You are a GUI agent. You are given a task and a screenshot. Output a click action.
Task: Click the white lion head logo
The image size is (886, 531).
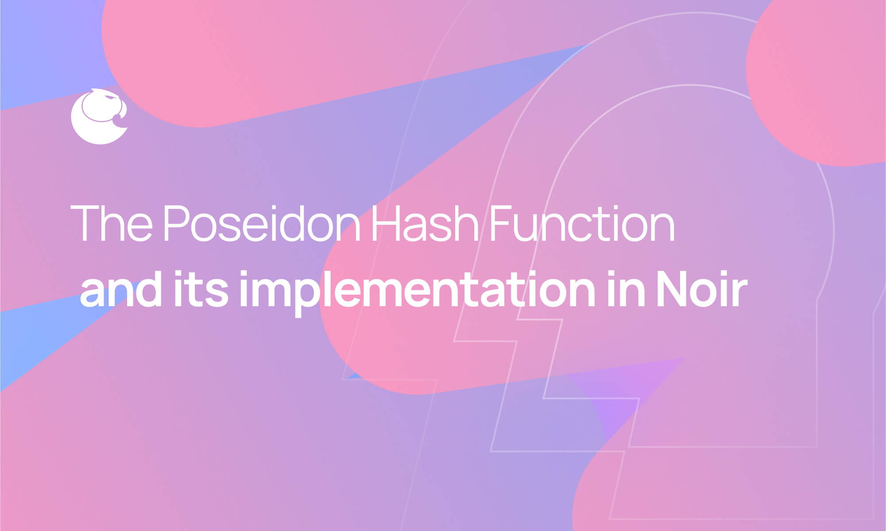(99, 117)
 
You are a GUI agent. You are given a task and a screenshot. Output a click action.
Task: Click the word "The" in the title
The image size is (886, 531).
(112, 223)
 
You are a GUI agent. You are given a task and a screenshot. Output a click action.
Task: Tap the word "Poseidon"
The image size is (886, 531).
(262, 223)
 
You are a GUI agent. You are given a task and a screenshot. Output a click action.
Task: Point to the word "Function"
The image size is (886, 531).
(582, 223)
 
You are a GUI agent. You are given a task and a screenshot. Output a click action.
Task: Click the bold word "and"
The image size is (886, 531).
(121, 290)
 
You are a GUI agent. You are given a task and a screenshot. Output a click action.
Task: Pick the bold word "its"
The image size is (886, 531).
(201, 290)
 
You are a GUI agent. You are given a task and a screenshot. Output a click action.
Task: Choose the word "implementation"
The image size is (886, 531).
(417, 292)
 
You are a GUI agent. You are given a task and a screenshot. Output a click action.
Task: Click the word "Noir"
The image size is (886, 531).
(701, 290)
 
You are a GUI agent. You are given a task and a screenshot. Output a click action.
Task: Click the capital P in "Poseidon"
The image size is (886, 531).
(176, 223)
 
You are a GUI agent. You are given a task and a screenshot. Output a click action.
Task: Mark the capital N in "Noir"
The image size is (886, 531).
(673, 290)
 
